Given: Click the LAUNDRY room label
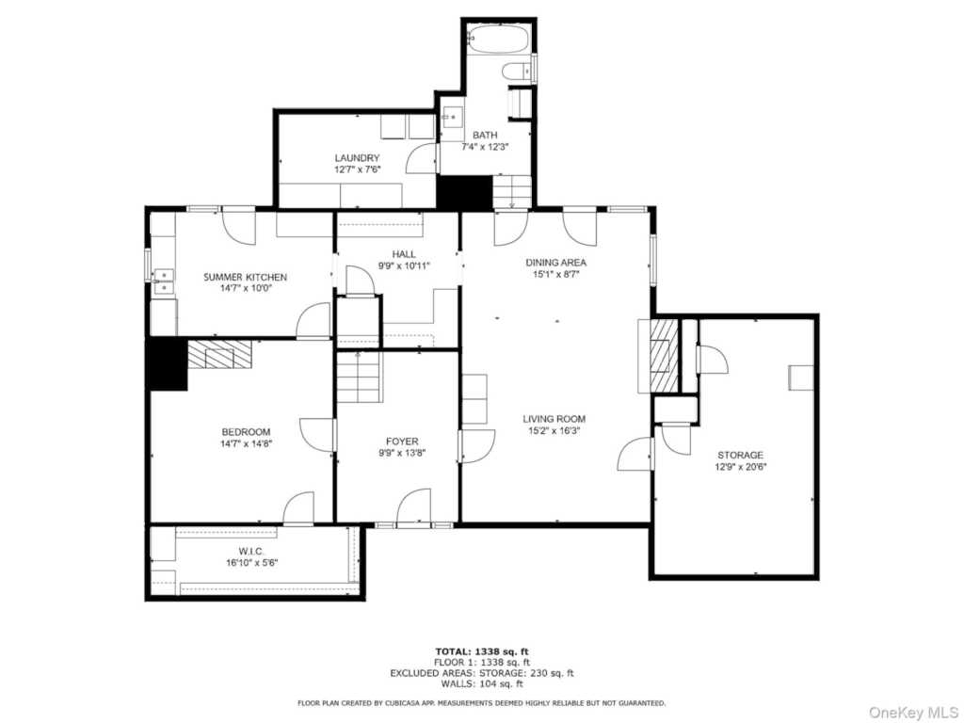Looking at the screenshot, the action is pyautogui.click(x=357, y=158).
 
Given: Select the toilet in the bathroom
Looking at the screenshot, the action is pyautogui.click(x=517, y=72).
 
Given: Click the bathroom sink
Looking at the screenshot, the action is pyautogui.click(x=452, y=116).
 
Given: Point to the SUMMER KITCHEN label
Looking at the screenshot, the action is pyautogui.click(x=246, y=278).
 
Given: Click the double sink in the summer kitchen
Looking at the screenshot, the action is pyautogui.click(x=164, y=281).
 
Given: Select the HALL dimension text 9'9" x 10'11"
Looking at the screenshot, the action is pyautogui.click(x=404, y=265).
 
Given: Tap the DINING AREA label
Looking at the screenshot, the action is pyautogui.click(x=555, y=263).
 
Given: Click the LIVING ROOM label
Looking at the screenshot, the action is pyautogui.click(x=554, y=419).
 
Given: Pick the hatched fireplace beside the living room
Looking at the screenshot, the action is pyautogui.click(x=664, y=355).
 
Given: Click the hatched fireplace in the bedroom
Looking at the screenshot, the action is pyautogui.click(x=219, y=355).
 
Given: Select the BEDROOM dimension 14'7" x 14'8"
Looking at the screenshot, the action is pyautogui.click(x=246, y=443).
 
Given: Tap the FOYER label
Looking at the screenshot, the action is pyautogui.click(x=402, y=442).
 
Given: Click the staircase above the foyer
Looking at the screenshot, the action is pyautogui.click(x=359, y=378).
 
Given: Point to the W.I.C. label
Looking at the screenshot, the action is pyautogui.click(x=251, y=552).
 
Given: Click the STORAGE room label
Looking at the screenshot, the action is pyautogui.click(x=740, y=456).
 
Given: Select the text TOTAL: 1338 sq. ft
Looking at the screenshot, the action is pyautogui.click(x=481, y=651).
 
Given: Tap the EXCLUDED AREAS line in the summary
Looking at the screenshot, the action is pyautogui.click(x=481, y=673).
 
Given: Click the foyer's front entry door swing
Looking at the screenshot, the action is pyautogui.click(x=413, y=507).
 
